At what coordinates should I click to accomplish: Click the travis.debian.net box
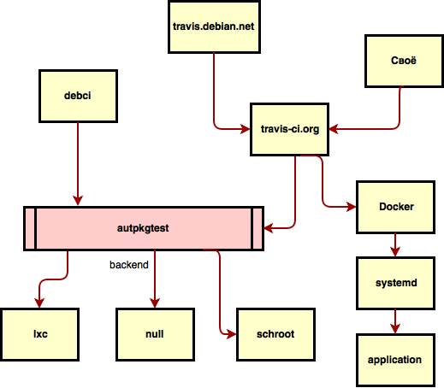(213, 26)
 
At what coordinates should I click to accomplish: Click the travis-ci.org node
(289, 130)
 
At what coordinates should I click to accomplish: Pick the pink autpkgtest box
(143, 228)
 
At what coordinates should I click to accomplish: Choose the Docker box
(396, 207)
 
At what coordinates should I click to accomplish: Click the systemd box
(396, 283)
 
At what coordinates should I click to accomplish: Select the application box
(394, 360)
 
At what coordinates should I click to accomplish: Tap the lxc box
(39, 334)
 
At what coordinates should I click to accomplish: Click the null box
(155, 334)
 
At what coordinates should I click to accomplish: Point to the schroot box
(275, 334)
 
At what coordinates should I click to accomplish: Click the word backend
(129, 265)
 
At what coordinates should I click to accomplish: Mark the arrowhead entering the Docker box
(352, 207)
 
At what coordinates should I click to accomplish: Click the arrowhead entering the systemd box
(395, 253)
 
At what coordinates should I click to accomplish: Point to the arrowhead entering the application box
(395, 329)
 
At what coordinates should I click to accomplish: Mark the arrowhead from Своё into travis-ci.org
(334, 130)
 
